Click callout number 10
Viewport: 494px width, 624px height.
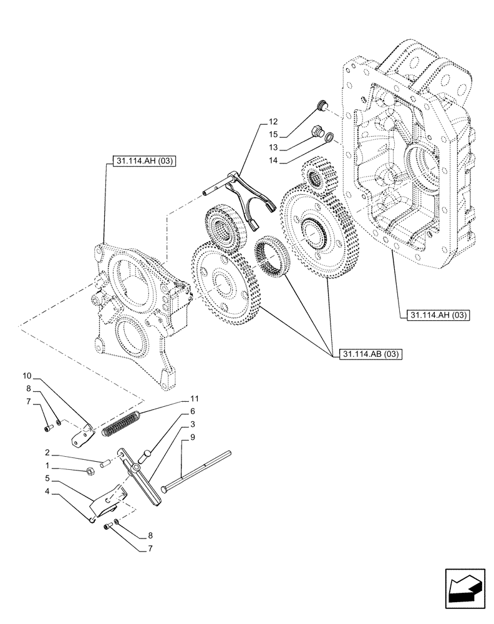[27, 377]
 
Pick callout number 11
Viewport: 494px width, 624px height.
[194, 398]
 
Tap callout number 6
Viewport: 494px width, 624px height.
[193, 411]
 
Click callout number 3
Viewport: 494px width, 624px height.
[193, 425]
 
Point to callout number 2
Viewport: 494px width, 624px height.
[47, 452]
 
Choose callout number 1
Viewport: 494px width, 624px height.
[47, 466]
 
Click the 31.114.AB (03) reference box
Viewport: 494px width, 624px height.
[371, 355]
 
